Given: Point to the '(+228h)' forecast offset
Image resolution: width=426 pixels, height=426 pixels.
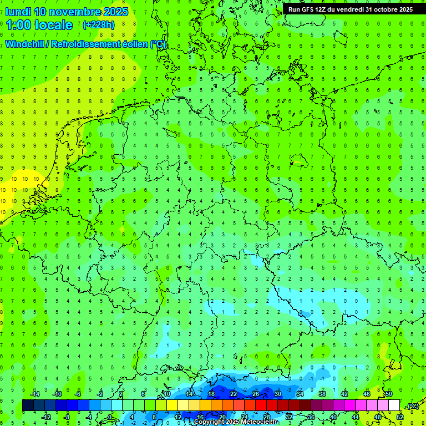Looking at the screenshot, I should point(99,25).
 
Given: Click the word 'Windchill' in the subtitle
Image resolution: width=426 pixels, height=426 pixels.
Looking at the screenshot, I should point(26,44).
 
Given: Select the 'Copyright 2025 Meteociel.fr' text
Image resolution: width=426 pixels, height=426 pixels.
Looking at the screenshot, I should point(236,422).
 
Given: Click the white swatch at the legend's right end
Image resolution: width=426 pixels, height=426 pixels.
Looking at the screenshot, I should point(394,405).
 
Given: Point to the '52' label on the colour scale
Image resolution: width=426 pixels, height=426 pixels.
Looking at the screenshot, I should point(399,417).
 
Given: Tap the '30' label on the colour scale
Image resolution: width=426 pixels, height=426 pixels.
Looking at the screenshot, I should point(277,394).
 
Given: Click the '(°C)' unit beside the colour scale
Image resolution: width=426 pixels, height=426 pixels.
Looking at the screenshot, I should point(412,406).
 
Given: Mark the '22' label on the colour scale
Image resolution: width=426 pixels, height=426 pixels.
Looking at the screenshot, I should point(233,394).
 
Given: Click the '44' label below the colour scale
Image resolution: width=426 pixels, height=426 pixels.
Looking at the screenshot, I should point(355,417).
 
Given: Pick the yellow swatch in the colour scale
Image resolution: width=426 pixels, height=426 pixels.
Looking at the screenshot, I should point(172,405).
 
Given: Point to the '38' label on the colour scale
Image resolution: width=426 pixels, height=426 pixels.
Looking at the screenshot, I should point(322,394).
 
